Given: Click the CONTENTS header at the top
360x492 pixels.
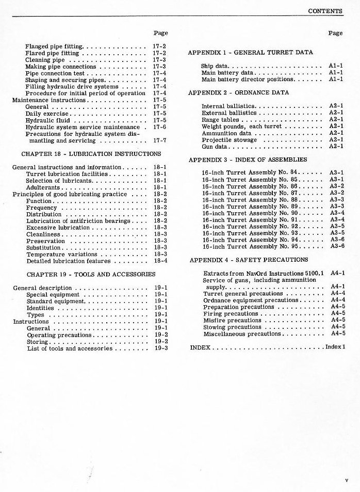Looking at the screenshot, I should coord(325,10).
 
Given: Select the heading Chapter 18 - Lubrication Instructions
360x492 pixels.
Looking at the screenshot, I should coord(91,153).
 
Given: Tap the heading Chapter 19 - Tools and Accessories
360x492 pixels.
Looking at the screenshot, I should coord(91,274).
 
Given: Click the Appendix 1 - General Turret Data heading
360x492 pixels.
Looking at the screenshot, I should coord(250,53).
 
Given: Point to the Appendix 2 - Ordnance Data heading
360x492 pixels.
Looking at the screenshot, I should coord(238,92).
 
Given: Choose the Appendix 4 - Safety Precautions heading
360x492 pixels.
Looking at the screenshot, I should coord(249,260).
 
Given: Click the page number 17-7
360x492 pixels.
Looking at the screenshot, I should coord(159,140).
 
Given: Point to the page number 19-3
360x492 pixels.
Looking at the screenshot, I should coord(161,348).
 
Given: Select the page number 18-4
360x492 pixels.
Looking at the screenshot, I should coord(160,261).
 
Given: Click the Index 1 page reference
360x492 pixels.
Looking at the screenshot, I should coord(335,347).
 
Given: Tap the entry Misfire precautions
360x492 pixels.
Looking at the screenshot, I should coord(233,320).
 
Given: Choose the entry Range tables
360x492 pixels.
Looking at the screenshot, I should coord(220,120).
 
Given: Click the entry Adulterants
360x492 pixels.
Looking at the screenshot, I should coord(44,187).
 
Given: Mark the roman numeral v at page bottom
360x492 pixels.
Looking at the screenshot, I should coord(347,480).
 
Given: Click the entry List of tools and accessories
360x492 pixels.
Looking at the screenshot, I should coord(70,348).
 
